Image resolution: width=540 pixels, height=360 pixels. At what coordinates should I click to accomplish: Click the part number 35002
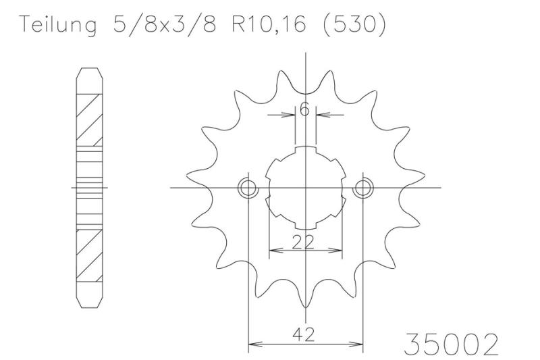451,344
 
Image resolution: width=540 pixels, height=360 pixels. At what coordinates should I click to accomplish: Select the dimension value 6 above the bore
306,109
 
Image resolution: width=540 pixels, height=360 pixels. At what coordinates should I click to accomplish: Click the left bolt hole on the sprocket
248,187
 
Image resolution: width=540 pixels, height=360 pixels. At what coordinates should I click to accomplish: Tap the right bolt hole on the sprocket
363,187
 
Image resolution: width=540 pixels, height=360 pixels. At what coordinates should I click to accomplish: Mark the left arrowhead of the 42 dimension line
252,345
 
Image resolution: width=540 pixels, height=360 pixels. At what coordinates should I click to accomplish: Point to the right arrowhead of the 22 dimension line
337,251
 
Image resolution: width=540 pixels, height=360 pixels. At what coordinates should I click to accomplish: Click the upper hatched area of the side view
90,118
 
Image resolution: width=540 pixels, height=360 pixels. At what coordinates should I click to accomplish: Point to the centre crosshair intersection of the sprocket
306,187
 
